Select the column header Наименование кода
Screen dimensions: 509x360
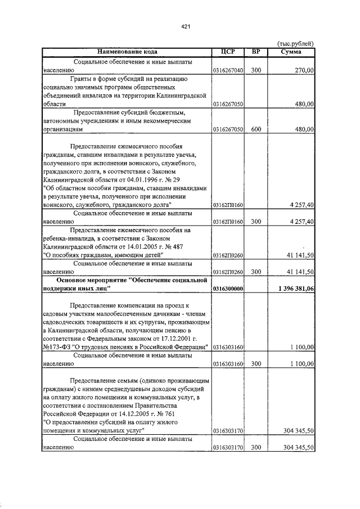pyautogui.click(x=126, y=52)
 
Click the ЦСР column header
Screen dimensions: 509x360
pyautogui.click(x=227, y=52)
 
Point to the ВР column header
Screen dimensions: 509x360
pyautogui.click(x=256, y=52)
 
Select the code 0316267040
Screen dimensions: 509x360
pyautogui.click(x=228, y=71)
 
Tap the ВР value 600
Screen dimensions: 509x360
pyautogui.click(x=256, y=129)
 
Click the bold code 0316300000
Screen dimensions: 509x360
pyautogui.click(x=228, y=289)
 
